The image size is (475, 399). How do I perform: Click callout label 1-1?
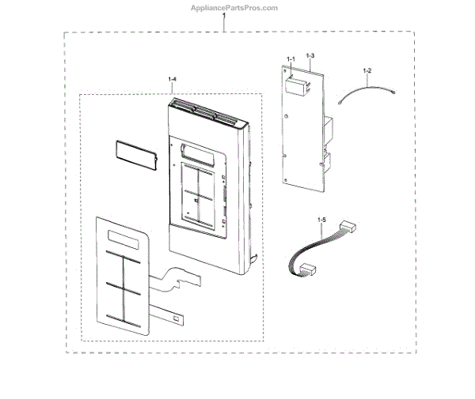(x=290, y=59)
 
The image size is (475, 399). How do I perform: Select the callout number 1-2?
(x=367, y=72)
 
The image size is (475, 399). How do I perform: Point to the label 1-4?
(x=173, y=79)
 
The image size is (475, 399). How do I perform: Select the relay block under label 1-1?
(x=297, y=81)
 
